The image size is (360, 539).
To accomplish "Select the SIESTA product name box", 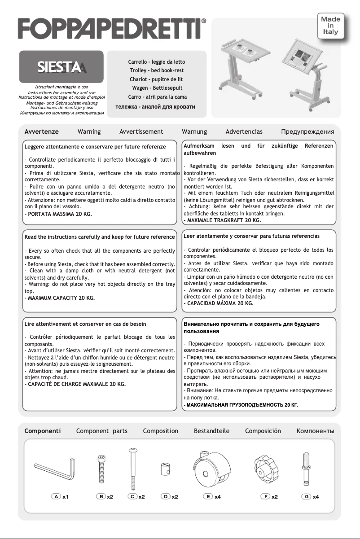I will (59, 67).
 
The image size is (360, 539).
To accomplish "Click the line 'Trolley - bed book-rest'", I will (156, 70).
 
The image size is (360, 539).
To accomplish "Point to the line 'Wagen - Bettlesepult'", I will (156, 88).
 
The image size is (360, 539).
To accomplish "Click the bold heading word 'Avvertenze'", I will (41, 131).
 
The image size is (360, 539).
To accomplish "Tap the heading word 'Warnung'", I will (194, 131).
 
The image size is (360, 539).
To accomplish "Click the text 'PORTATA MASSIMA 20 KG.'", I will (58, 214).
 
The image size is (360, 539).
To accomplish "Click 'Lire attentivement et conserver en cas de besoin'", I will (85, 324).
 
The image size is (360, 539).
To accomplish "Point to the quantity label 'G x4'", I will (310, 496).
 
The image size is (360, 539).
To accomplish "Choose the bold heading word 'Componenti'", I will (43, 431).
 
